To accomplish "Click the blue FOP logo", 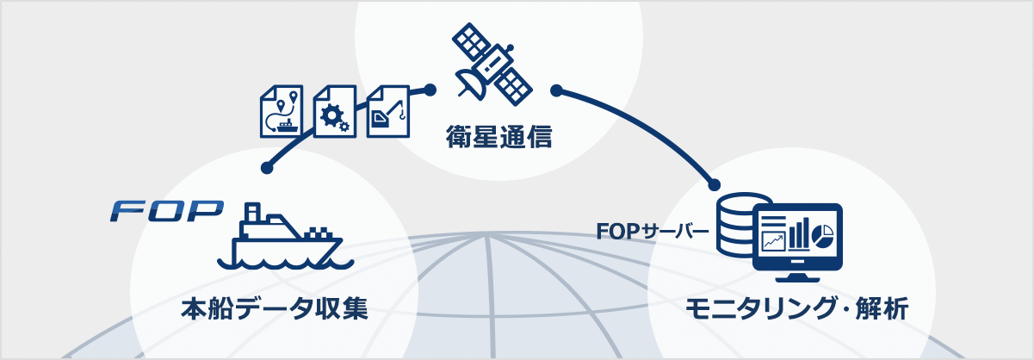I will click(167, 210).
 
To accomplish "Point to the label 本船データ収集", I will click(275, 307).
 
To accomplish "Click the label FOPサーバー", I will click(653, 232).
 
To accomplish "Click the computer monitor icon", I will click(796, 240).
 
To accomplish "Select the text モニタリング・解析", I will click(796, 307).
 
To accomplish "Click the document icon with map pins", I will click(282, 112).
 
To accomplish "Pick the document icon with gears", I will click(334, 112).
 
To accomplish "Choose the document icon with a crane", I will click(387, 110).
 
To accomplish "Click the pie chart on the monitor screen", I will click(823, 233).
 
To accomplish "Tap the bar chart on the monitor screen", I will click(799, 233).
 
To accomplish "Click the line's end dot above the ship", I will click(267, 168).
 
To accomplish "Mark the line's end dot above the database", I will click(714, 183).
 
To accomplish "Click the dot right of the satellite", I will click(555, 89).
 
